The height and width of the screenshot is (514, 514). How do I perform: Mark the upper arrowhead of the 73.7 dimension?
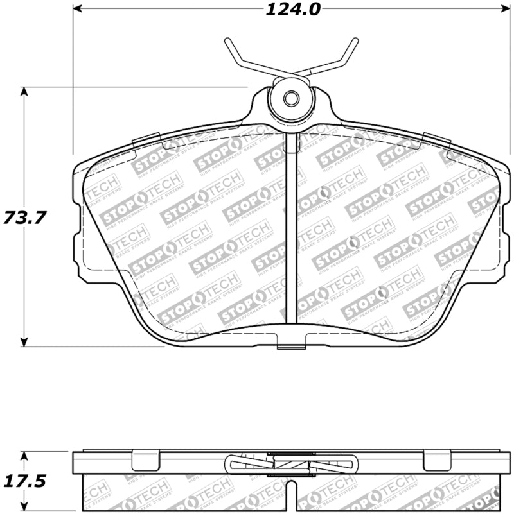point(24,91)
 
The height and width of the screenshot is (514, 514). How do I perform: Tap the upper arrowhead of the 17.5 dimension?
point(24,455)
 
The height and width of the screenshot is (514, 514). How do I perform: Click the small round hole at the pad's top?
point(291,99)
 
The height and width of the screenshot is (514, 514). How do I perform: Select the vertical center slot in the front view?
point(291,231)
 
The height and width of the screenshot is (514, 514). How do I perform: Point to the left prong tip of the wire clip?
point(227,40)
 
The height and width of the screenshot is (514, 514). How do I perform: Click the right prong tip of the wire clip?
point(355,40)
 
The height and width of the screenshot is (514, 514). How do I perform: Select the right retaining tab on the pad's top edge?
point(435,138)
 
